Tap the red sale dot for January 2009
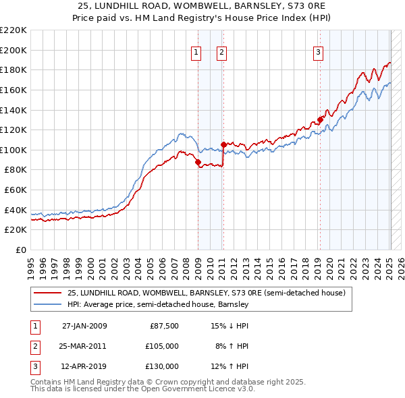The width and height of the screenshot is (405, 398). click(198, 162)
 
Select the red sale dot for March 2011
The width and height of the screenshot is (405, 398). click(223, 144)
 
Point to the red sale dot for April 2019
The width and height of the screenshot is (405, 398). click(321, 119)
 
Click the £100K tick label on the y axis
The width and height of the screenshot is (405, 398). click(13, 150)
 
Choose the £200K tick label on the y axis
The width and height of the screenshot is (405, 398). click(13, 50)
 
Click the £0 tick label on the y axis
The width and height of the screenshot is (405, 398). click(20, 250)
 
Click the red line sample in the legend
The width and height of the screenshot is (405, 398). click(47, 293)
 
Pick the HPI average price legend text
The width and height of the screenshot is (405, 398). click(158, 304)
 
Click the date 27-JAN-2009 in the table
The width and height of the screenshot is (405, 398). click(84, 326)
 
